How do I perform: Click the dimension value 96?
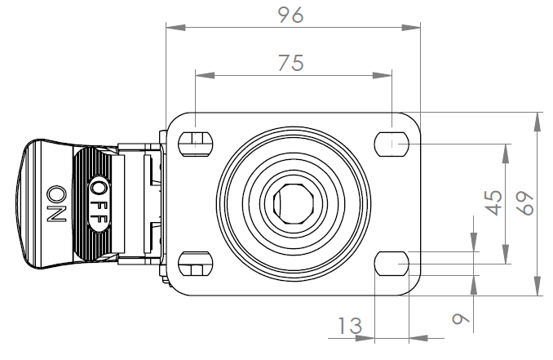[292, 15]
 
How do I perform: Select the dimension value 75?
[291, 64]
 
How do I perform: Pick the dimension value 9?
[462, 318]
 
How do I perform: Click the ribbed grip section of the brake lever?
[86, 203]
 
